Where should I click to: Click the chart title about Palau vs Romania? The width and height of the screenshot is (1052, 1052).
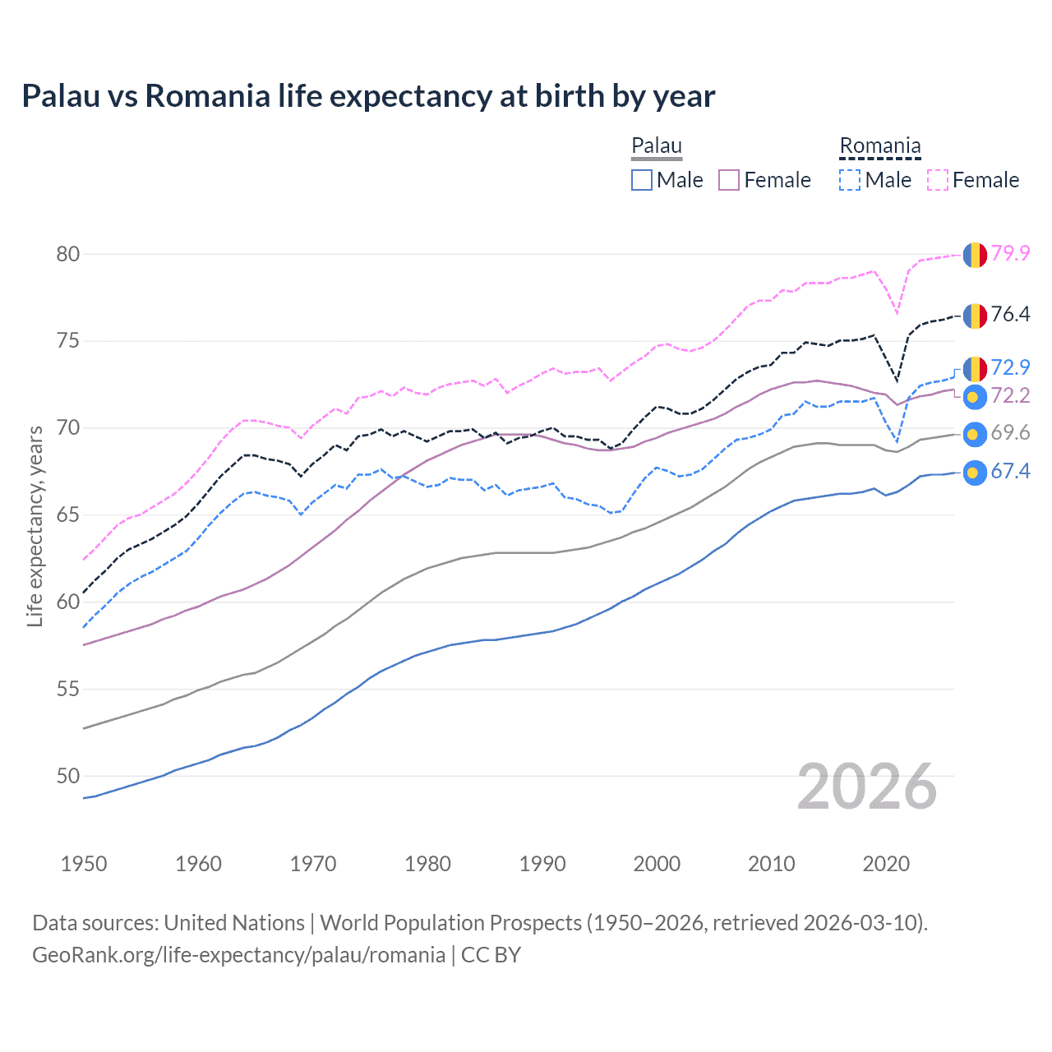pyautogui.click(x=368, y=96)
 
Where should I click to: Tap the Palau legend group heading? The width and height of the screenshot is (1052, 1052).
pyautogui.click(x=657, y=146)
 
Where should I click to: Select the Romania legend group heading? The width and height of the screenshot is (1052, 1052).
pyautogui.click(x=879, y=146)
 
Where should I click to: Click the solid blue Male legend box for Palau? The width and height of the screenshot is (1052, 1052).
pyautogui.click(x=642, y=180)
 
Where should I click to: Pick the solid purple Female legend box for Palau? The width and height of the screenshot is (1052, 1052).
pyautogui.click(x=729, y=180)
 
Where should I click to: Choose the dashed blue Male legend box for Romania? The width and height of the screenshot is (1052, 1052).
pyautogui.click(x=850, y=180)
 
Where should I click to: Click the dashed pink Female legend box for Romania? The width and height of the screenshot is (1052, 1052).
pyautogui.click(x=938, y=180)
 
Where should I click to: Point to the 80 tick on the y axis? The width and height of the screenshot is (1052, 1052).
pyautogui.click(x=68, y=254)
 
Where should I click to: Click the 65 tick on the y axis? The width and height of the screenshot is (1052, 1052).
pyautogui.click(x=68, y=515)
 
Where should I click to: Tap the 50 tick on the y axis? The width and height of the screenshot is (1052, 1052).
pyautogui.click(x=68, y=776)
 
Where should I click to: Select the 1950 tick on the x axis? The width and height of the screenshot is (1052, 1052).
pyautogui.click(x=84, y=864)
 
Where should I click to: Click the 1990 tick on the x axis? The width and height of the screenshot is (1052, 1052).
pyautogui.click(x=542, y=864)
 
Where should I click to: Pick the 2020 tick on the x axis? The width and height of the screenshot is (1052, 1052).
pyautogui.click(x=886, y=864)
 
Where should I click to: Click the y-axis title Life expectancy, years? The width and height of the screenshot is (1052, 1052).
pyautogui.click(x=35, y=526)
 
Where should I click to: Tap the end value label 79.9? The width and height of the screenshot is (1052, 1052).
pyautogui.click(x=1010, y=253)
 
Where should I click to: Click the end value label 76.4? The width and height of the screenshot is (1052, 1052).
pyautogui.click(x=1010, y=314)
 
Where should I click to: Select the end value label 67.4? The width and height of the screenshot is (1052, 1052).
pyautogui.click(x=1010, y=471)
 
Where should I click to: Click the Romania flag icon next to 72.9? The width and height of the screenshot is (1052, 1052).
pyautogui.click(x=975, y=368)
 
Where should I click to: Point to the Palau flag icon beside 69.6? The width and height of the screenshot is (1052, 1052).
pyautogui.click(x=975, y=434)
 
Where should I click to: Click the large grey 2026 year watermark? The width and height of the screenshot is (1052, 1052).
pyautogui.click(x=867, y=787)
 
